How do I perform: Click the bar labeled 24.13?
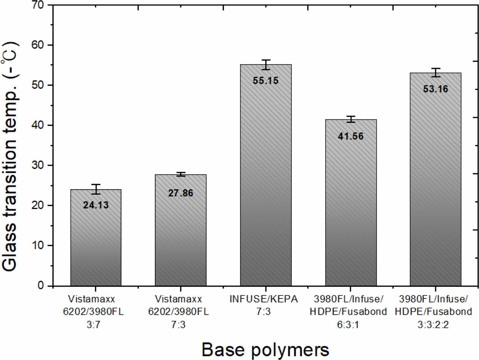tap(96, 243)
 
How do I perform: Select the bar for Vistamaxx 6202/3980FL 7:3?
tap(181, 236)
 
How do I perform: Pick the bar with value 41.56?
tap(351, 209)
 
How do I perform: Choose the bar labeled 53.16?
tap(436, 182)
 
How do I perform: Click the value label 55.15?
tap(266, 81)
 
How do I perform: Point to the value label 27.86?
tap(181, 193)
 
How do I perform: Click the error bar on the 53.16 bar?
tap(436, 73)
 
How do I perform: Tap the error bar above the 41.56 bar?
tap(351, 119)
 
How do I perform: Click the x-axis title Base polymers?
tap(265, 349)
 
